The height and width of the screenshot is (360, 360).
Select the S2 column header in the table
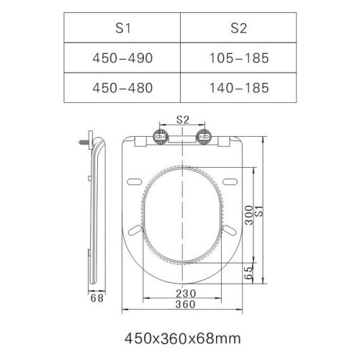(x=238, y=28)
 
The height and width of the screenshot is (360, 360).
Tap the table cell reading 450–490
(x=122, y=58)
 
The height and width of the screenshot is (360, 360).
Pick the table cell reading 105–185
(x=238, y=58)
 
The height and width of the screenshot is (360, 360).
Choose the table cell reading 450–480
(x=122, y=88)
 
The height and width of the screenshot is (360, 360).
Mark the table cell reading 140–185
(x=238, y=88)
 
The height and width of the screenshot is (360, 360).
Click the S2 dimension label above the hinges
(x=183, y=120)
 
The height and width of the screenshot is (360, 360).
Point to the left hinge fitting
(x=161, y=137)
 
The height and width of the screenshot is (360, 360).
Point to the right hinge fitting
(x=204, y=137)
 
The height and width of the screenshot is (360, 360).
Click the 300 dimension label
(x=249, y=215)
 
